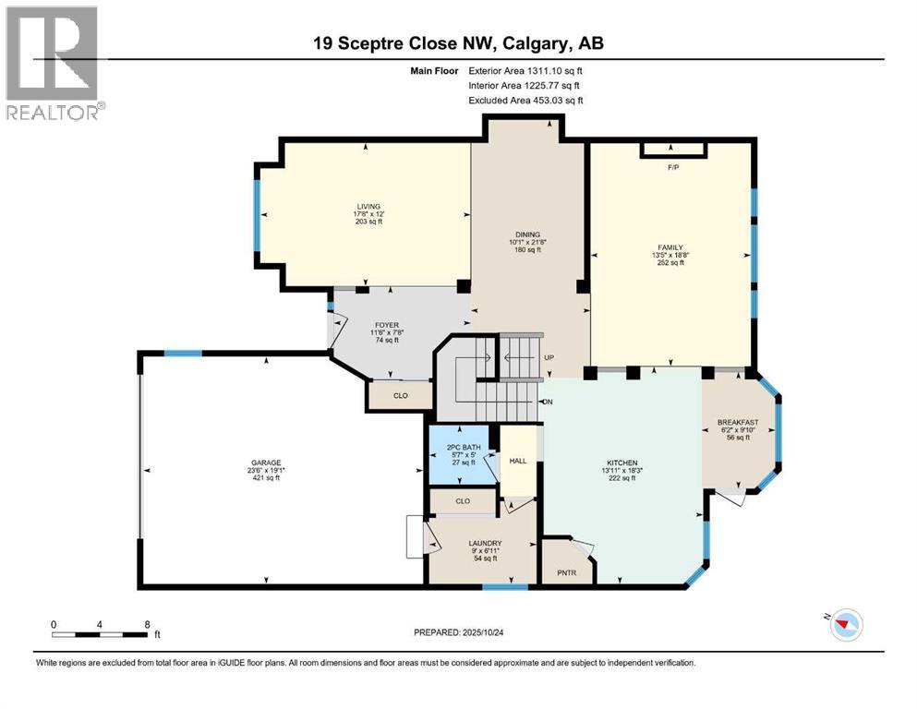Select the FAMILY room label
point(670,247)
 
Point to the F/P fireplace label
point(673,168)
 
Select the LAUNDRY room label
point(485,543)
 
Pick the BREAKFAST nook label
point(738,423)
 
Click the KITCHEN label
point(621,463)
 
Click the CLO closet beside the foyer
point(400,395)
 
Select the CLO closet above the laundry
point(464,501)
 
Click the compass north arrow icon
point(843,626)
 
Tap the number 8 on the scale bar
point(147,623)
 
